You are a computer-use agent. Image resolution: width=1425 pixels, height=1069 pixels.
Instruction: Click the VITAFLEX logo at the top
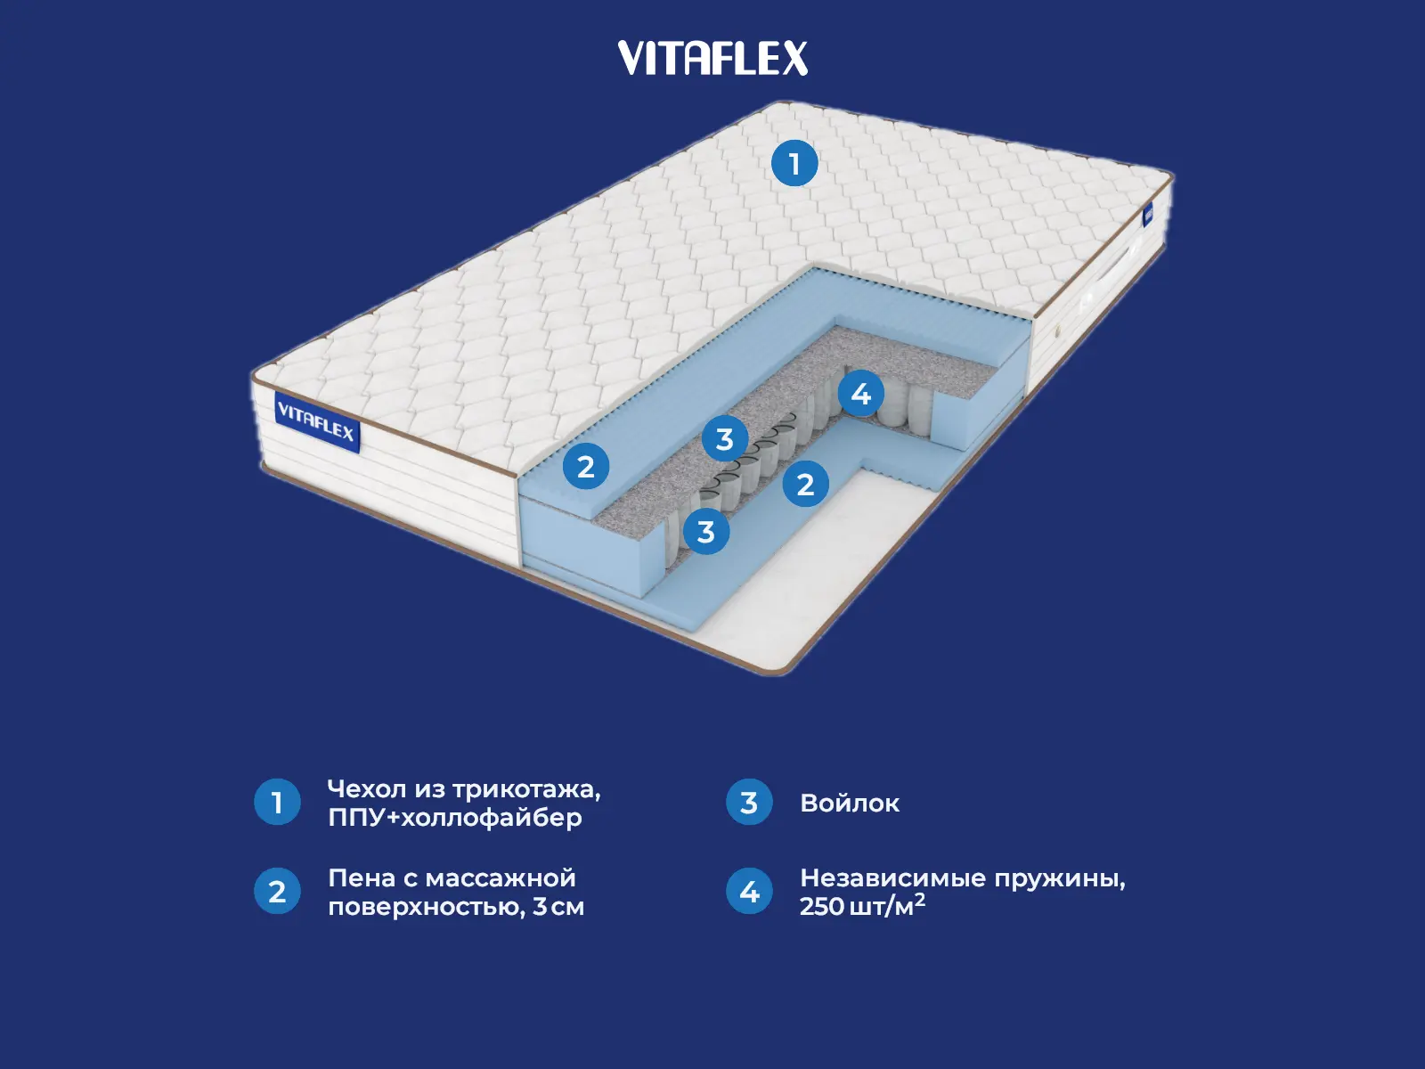click(x=712, y=59)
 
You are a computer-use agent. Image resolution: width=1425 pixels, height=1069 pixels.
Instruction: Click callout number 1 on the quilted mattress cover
click(x=794, y=164)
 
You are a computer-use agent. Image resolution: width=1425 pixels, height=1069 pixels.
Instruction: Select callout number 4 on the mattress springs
click(x=860, y=393)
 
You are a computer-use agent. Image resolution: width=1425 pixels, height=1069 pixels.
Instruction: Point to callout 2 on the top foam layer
click(x=585, y=466)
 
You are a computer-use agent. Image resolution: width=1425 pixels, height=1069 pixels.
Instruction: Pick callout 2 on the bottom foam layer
click(x=805, y=484)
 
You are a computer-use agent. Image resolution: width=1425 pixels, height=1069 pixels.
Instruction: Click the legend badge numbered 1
click(x=277, y=802)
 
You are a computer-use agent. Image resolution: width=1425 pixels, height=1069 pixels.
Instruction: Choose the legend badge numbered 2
click(x=277, y=892)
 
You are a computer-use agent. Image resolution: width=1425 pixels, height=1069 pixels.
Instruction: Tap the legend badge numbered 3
click(x=749, y=802)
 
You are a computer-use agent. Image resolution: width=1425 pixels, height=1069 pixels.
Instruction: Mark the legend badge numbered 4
click(x=749, y=892)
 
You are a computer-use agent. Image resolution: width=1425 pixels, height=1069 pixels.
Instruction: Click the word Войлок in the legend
click(x=850, y=804)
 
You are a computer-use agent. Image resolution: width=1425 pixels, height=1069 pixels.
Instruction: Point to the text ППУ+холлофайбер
click(x=454, y=818)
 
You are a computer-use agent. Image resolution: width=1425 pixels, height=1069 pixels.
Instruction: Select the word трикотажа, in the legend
click(x=526, y=790)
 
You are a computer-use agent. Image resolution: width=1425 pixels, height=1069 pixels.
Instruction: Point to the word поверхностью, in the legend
click(x=427, y=908)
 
